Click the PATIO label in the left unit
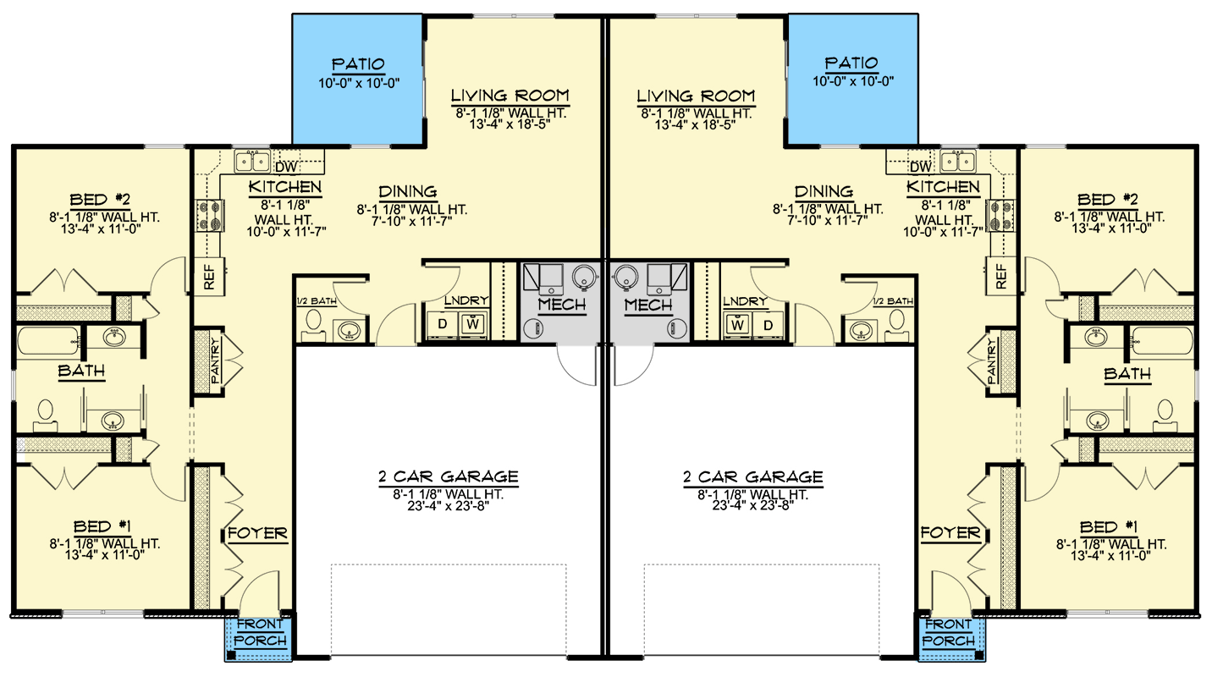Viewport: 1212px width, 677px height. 358,64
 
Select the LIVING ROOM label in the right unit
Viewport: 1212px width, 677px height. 695,96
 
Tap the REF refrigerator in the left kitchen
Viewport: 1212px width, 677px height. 208,276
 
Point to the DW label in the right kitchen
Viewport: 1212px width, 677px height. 922,167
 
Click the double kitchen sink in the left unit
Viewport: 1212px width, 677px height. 251,161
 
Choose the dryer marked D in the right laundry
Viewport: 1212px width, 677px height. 768,324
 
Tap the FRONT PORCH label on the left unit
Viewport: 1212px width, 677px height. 261,632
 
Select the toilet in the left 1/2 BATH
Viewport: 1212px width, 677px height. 312,322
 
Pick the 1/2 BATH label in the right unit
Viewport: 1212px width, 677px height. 894,301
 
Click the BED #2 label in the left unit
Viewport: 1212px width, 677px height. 101,200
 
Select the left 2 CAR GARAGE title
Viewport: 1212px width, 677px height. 448,476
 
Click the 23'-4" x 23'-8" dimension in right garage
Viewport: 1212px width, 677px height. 752,507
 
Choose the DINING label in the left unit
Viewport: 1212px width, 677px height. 408,192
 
